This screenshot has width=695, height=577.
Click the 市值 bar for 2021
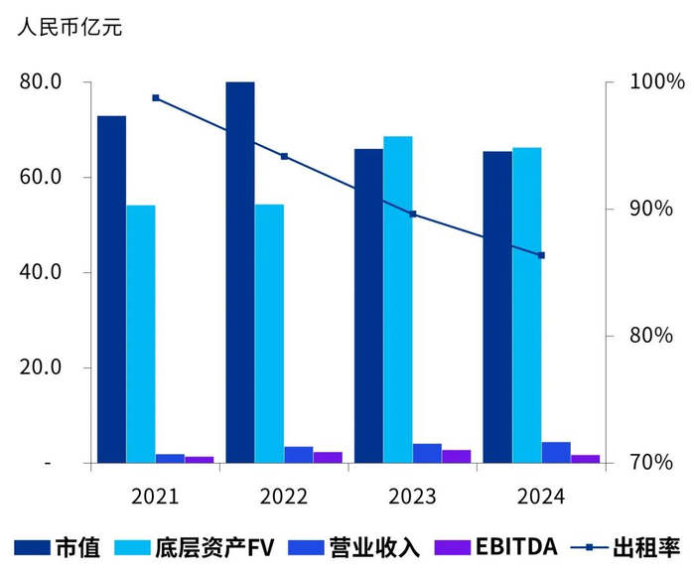111,289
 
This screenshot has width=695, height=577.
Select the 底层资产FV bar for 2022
269,334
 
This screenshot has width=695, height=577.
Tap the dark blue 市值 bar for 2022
240,272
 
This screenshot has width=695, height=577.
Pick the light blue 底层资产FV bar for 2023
398,299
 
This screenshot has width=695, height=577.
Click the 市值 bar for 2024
497,307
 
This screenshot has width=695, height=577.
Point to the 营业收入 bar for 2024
556,453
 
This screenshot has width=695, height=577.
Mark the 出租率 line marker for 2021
156,97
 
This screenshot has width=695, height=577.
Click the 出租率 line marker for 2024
542,255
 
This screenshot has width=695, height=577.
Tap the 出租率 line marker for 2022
284,156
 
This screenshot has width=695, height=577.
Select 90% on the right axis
650,209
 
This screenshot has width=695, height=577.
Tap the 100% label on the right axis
654,81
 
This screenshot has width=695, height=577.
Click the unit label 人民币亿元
69,27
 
